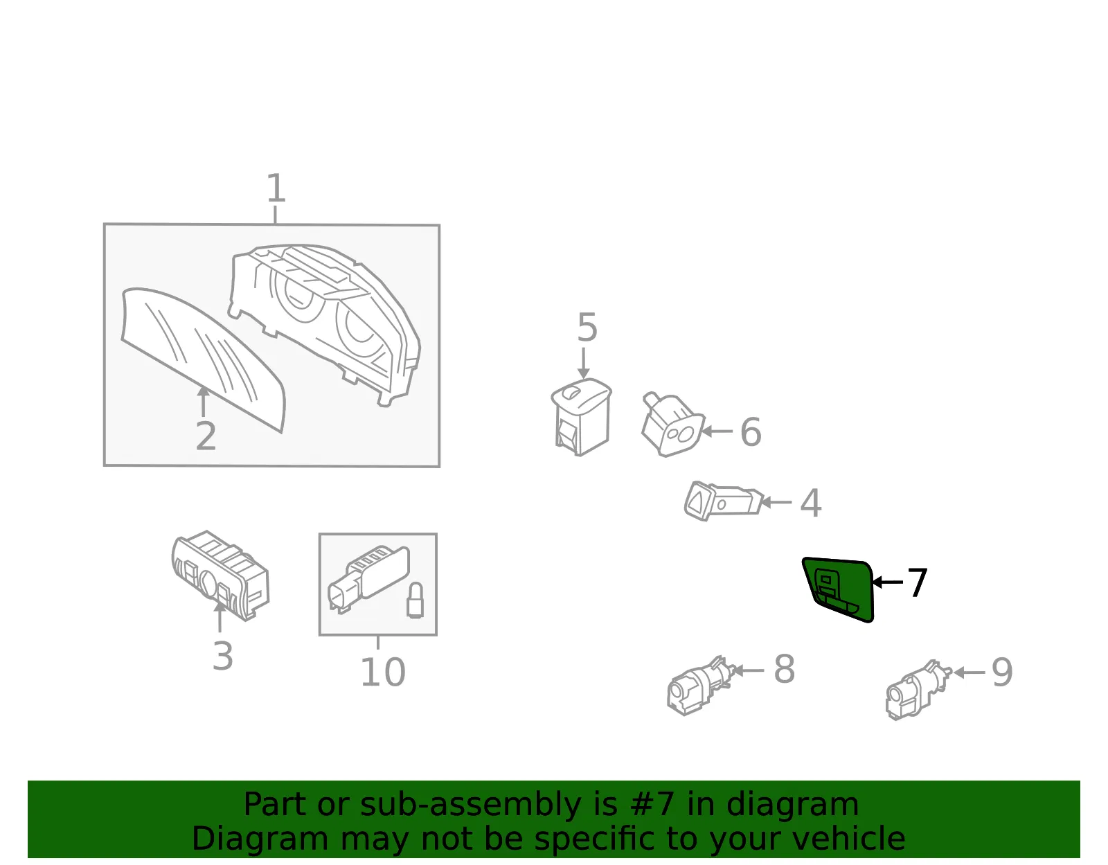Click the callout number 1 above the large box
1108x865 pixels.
click(276, 188)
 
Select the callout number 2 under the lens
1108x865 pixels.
click(206, 436)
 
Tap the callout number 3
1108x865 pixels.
click(223, 656)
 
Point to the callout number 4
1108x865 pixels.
click(811, 503)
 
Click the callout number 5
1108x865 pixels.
click(587, 328)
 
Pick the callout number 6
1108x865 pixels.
click(751, 432)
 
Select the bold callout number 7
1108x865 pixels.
click(918, 582)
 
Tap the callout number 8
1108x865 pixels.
click(784, 669)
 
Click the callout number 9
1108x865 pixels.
click(1002, 672)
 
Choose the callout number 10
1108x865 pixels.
click(383, 672)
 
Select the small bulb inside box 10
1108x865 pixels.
click(415, 600)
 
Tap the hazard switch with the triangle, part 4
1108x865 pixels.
click(723, 501)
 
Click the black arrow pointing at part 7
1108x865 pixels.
click(887, 582)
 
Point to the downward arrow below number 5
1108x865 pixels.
click(583, 364)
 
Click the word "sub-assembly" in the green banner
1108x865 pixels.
click(470, 804)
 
